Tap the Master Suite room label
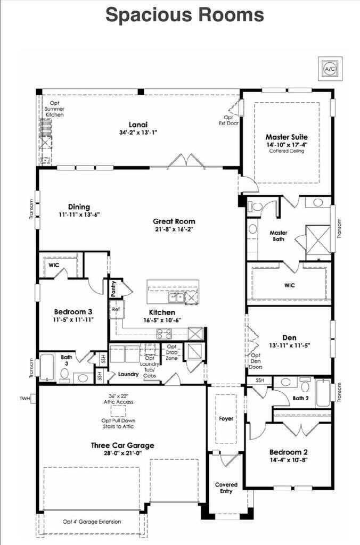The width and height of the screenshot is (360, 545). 287,137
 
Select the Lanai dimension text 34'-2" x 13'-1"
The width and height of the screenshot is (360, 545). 138,132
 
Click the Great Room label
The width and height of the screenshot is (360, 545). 174,221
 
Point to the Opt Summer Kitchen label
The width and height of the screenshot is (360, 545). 54,109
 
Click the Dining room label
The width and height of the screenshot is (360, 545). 79,207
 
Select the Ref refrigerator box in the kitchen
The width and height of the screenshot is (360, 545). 115,309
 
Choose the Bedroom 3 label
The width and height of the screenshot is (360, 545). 73,312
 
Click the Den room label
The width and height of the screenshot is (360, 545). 289,337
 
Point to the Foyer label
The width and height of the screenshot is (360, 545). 226,418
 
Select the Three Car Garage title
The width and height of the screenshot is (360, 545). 122,445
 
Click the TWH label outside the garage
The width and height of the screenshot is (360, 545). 24,398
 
